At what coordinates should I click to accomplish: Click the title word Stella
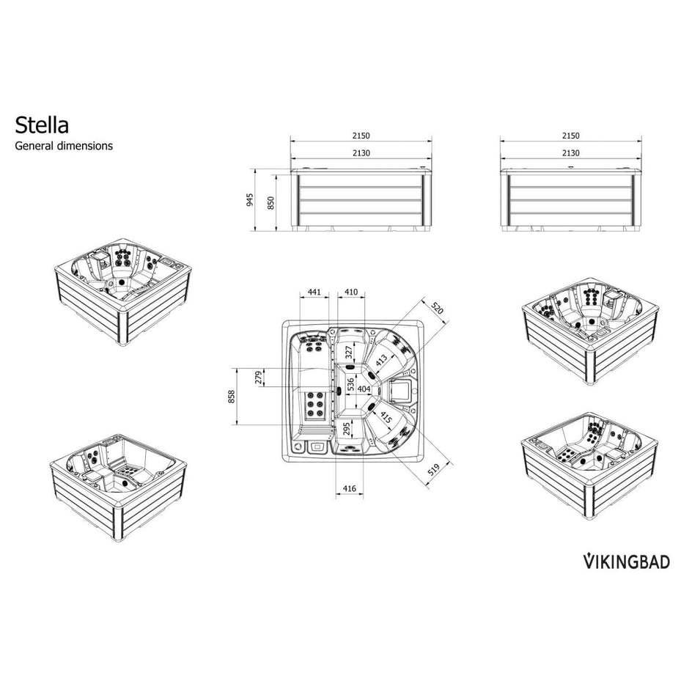coord(43,123)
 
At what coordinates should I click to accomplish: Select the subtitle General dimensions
coord(65,145)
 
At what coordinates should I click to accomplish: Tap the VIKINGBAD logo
coord(627,562)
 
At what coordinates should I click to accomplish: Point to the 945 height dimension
coord(250,199)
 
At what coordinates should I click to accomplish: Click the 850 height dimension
coord(270,202)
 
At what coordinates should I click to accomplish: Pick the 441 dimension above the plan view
coord(314,292)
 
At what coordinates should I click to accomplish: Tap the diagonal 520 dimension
coord(438,309)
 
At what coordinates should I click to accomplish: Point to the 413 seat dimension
coord(382,359)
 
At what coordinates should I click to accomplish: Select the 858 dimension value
coord(232,396)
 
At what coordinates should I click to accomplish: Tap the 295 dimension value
coord(347,428)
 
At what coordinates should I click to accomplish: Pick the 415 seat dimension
coord(386,419)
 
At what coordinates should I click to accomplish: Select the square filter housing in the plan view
coord(400,389)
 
